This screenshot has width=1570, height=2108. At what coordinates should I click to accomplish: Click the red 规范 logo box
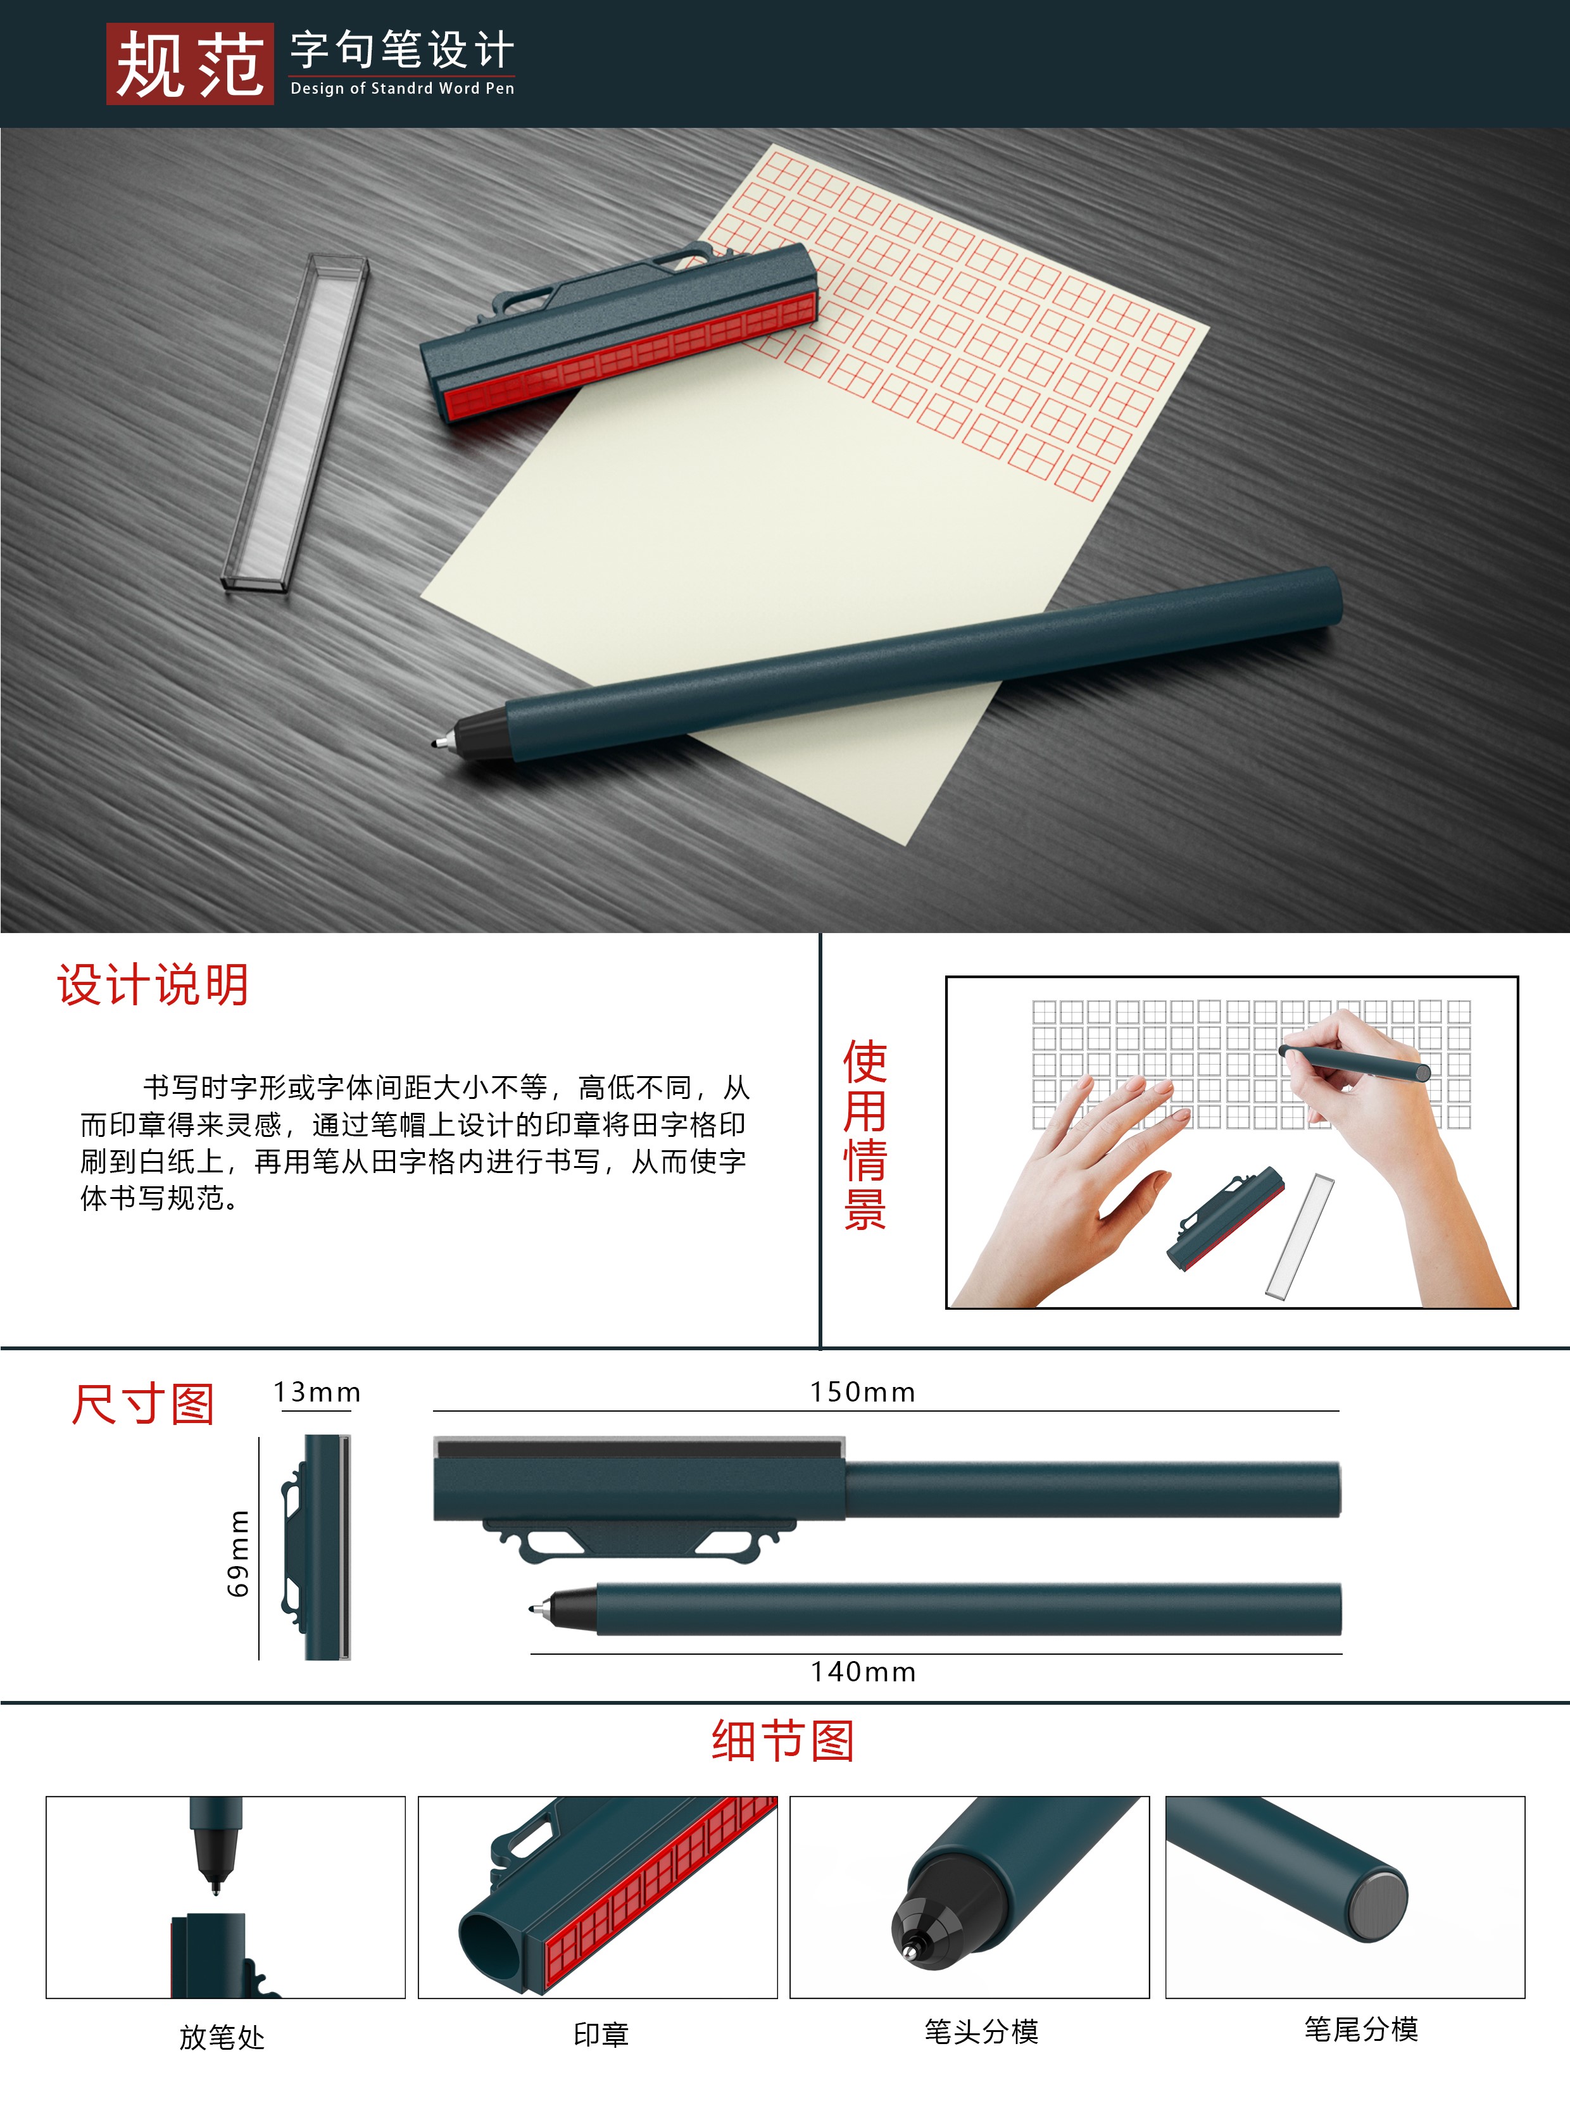pos(189,64)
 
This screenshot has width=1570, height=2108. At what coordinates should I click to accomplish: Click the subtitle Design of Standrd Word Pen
pos(402,89)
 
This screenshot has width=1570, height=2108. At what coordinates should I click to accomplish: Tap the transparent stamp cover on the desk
pos(294,423)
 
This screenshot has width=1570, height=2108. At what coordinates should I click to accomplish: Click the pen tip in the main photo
pos(440,741)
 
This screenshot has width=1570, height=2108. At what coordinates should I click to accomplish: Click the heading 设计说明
pos(153,984)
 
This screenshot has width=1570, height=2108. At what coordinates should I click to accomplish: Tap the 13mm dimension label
pos(317,1392)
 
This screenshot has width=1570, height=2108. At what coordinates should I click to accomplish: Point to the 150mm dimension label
pos(862,1392)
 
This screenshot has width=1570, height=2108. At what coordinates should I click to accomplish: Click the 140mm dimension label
pos(863,1672)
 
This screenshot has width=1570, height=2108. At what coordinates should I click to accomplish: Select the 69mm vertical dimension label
pos(239,1553)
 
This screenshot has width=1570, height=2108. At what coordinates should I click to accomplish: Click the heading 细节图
pos(783,1741)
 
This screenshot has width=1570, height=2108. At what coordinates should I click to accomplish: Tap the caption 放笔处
pos(222,2036)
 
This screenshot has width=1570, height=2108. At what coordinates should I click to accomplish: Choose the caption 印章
pos(601,2034)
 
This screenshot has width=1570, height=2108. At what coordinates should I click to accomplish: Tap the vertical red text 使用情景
pos(864,1136)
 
